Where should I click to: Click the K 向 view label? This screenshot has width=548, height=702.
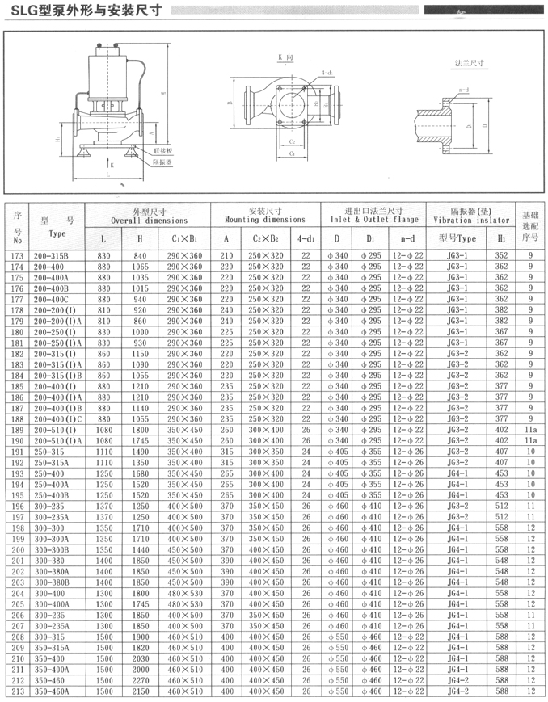[285, 58]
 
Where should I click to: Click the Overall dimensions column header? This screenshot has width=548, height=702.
[149, 220]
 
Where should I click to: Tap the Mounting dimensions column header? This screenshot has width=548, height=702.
[265, 220]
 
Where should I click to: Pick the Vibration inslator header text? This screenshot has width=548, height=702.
[471, 220]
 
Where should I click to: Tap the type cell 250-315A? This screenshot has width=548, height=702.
[55, 463]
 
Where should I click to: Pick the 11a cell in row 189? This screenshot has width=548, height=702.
[530, 430]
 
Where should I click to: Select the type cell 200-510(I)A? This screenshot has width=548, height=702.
[59, 441]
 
